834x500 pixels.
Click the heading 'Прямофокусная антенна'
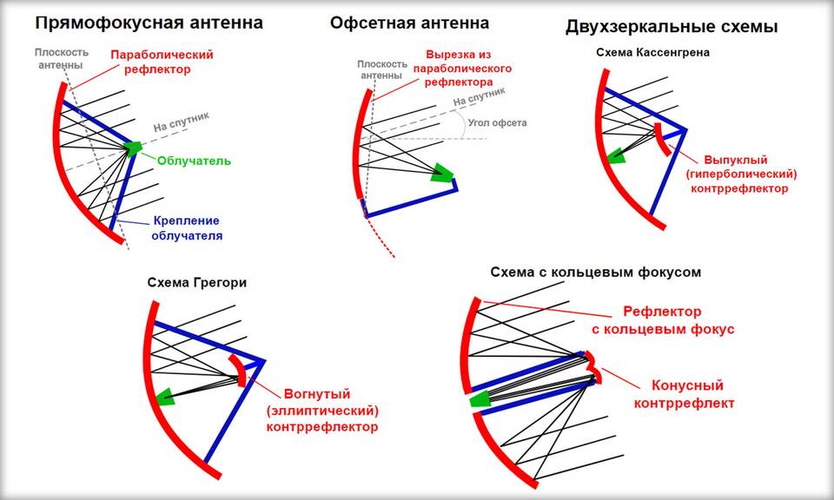click(149, 23)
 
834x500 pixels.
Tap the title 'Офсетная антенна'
click(409, 23)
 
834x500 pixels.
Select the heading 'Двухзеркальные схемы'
click(672, 27)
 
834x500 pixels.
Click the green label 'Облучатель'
click(194, 161)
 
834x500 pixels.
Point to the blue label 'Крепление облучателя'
click(187, 228)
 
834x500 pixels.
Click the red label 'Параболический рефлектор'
click(162, 62)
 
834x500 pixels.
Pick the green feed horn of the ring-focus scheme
click(480, 399)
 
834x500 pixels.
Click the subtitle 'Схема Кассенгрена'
click(652, 53)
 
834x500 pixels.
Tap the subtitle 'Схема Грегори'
click(197, 282)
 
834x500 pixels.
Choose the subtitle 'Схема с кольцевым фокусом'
click(596, 273)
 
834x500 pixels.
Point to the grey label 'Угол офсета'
click(497, 122)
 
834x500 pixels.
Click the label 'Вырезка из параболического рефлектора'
click(462, 69)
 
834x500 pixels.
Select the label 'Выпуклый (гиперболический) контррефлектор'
click(741, 174)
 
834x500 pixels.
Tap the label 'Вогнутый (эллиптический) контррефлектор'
click(322, 410)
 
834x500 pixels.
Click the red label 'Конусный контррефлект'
click(685, 394)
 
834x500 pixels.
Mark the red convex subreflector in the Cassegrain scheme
click(662, 139)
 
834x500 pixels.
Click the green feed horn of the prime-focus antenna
click(132, 148)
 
